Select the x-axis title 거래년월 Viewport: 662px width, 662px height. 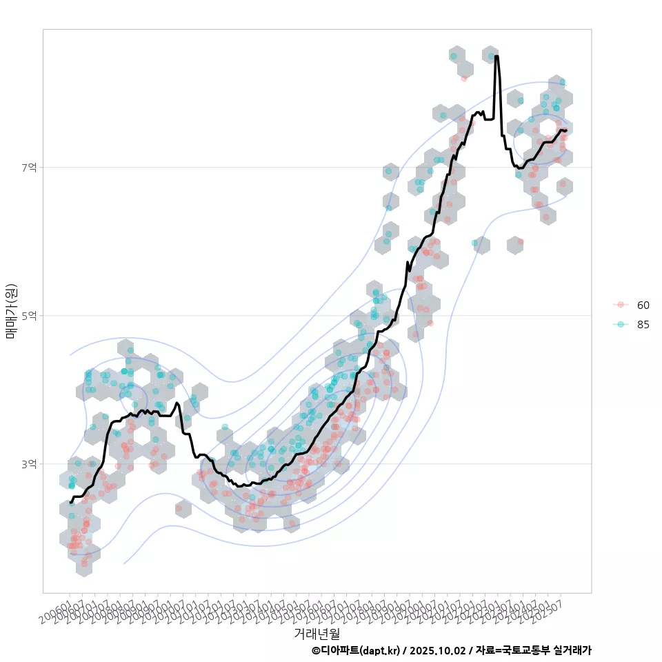pyautogui.click(x=317, y=633)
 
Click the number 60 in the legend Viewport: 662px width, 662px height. pyautogui.click(x=643, y=305)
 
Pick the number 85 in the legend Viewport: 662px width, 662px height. pyautogui.click(x=643, y=325)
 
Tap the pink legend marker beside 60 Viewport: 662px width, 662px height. pyautogui.click(x=621, y=305)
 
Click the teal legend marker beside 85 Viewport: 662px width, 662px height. pyautogui.click(x=621, y=325)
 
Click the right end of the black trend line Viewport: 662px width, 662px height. pyautogui.click(x=566, y=130)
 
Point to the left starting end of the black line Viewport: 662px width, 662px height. pyautogui.click(x=70, y=502)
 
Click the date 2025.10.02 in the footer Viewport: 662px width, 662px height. pyautogui.click(x=433, y=650)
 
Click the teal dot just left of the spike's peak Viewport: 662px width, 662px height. pyautogui.click(x=490, y=56)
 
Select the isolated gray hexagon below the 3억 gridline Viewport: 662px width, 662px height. pyautogui.click(x=183, y=509)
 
